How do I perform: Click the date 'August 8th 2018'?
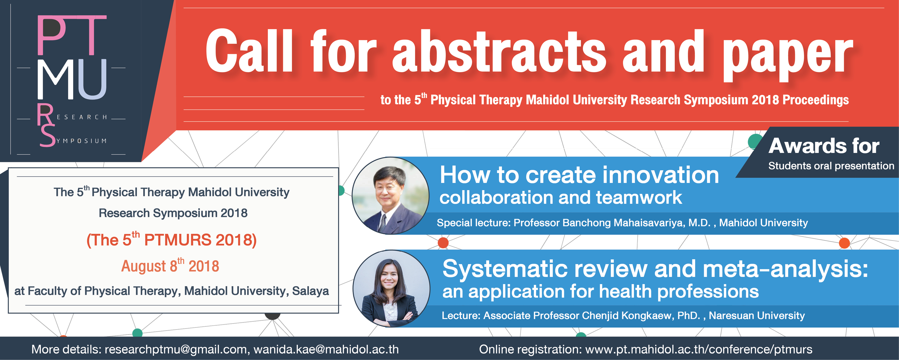pyautogui.click(x=170, y=265)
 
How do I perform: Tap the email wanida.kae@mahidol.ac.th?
pyautogui.click(x=326, y=349)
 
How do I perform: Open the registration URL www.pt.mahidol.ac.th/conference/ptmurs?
pyautogui.click(x=699, y=349)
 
